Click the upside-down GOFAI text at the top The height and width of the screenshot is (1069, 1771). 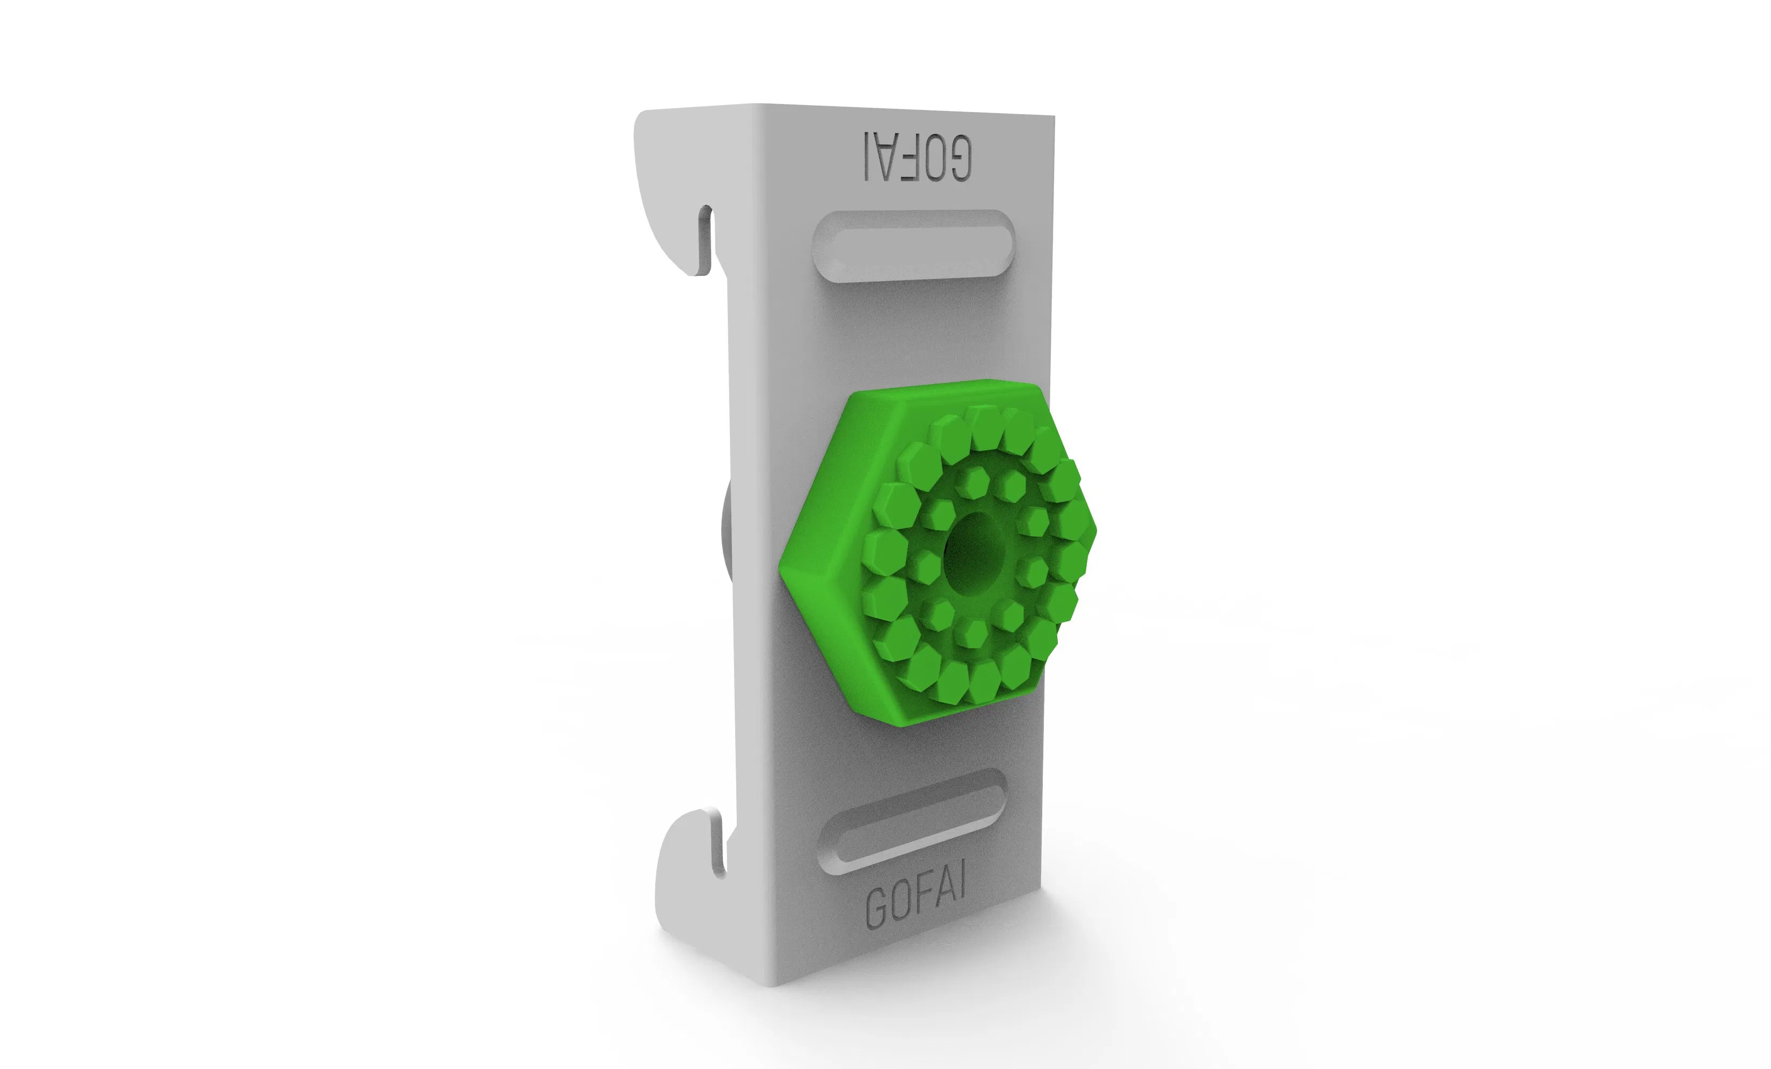pos(918,156)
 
